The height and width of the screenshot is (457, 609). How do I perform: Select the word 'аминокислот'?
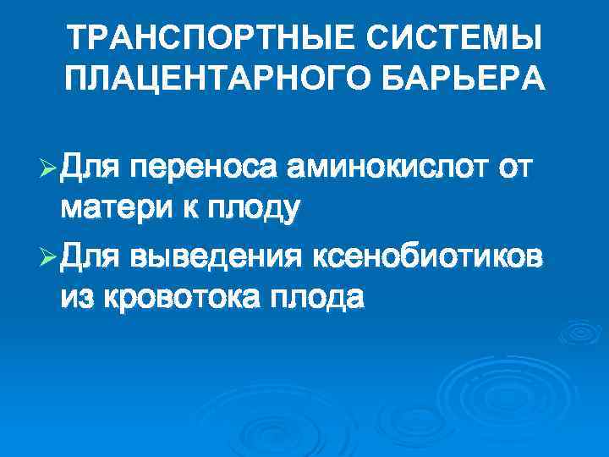[386, 169]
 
